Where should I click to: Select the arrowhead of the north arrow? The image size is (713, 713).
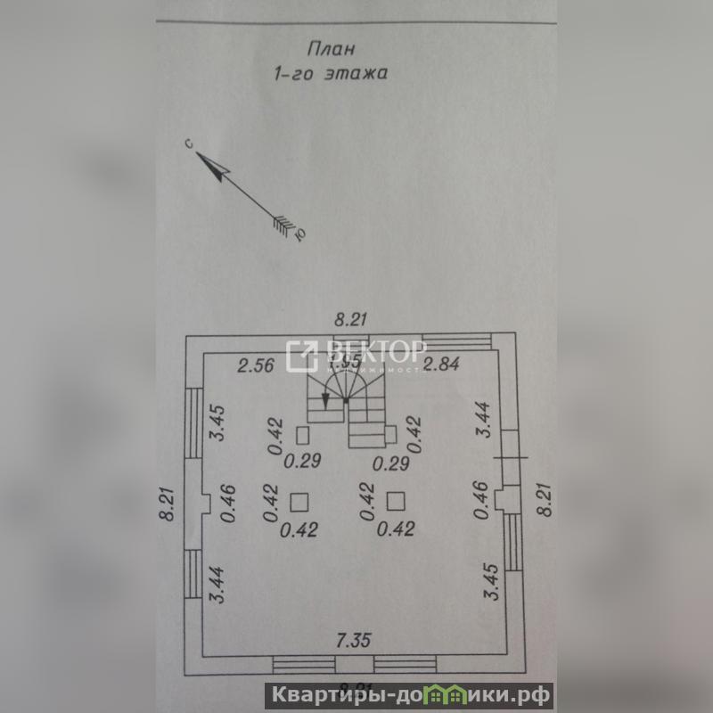point(212,165)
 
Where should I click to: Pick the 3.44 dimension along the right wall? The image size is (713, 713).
point(484,419)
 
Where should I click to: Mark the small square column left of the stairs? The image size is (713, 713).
point(302,435)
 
